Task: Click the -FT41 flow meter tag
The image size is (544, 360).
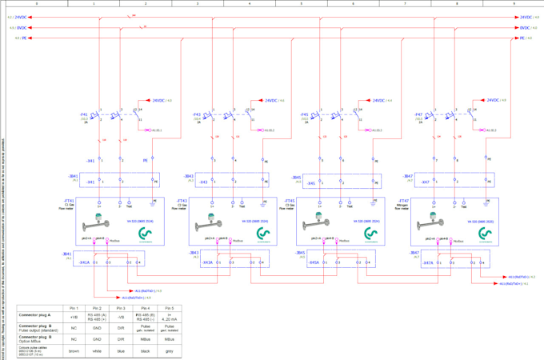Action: tap(69, 201)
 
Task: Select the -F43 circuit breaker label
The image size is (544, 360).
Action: tap(196, 114)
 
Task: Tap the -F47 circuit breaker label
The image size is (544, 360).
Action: tap(418, 114)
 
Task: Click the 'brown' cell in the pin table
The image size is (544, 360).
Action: tap(74, 351)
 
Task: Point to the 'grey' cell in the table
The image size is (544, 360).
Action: tap(169, 351)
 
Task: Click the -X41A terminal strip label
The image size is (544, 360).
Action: tap(84, 262)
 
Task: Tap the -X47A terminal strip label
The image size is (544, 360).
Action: tap(428, 262)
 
